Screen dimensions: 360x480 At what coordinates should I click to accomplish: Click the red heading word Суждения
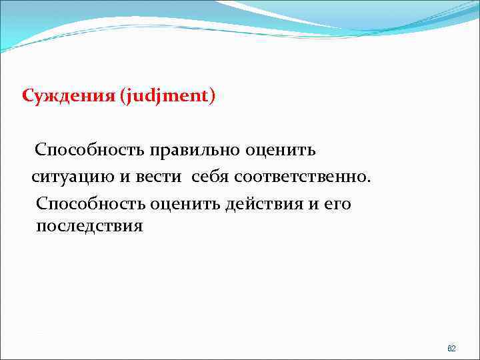click(69, 97)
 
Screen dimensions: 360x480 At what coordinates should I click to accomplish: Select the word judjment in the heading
click(166, 98)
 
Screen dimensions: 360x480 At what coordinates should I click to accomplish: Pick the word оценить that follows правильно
click(281, 150)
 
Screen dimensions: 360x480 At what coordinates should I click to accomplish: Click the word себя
click(213, 178)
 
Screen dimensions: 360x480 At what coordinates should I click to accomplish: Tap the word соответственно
click(302, 178)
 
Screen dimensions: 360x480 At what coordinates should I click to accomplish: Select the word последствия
click(89, 226)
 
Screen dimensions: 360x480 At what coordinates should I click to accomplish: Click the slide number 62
click(451, 349)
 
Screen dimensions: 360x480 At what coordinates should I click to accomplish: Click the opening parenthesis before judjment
click(123, 98)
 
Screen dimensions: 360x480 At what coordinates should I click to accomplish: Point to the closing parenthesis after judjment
click(212, 98)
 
